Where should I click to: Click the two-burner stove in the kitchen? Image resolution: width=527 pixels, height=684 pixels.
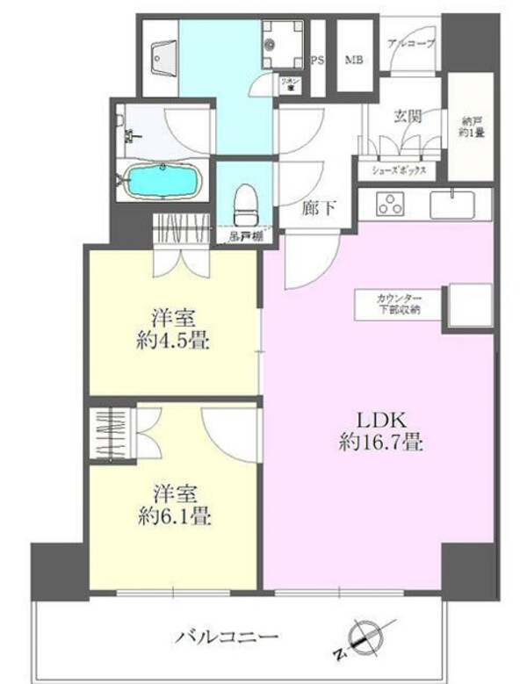[389, 205]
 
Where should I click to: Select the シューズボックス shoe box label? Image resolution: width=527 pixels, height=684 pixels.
[400, 171]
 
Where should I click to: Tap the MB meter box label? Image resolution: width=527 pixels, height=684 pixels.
[355, 60]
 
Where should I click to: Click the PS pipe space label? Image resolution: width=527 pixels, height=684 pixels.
[319, 60]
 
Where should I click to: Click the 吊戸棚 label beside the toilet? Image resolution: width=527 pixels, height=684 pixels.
[241, 235]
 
